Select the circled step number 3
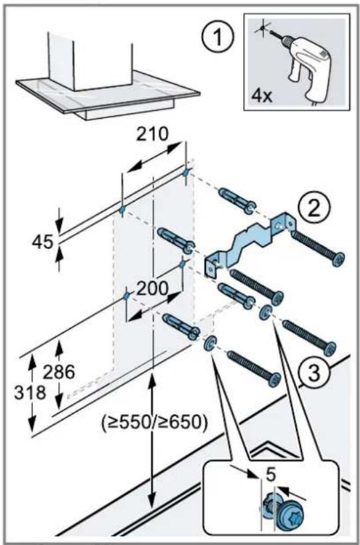(x=314, y=374)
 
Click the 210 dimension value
(x=151, y=134)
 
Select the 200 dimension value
(x=152, y=288)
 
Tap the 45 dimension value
(x=43, y=242)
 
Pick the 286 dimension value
(x=59, y=372)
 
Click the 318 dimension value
(x=30, y=393)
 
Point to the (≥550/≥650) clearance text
(x=155, y=422)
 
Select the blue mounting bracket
(x=249, y=242)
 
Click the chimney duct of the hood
(x=91, y=62)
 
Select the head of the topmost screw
(x=338, y=259)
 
